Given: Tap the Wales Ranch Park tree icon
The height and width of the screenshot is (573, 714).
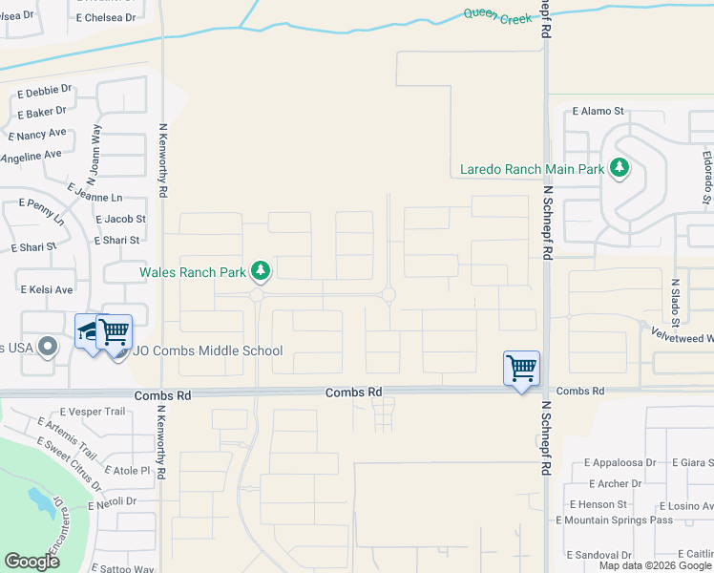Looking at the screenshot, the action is point(260,271).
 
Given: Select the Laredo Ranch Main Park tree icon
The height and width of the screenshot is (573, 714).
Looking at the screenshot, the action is point(620,169).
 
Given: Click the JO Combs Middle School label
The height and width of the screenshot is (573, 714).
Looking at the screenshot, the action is point(207,350).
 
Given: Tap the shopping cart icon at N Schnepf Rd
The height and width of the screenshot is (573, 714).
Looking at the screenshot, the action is point(522,368).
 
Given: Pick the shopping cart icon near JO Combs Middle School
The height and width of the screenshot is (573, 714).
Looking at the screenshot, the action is point(114,331).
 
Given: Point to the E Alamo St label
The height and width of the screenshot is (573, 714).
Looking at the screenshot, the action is point(598,111).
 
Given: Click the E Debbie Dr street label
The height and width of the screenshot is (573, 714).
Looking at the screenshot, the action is point(44,94).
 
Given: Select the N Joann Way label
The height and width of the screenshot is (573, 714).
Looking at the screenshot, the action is point(94,154).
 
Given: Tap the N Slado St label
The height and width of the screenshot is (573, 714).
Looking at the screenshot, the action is point(674,301).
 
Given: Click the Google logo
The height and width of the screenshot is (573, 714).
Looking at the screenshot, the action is point(31,562).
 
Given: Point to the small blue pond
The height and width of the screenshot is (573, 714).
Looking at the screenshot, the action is point(40,499).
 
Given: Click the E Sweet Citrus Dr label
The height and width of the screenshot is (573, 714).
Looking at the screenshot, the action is point(67,456).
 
